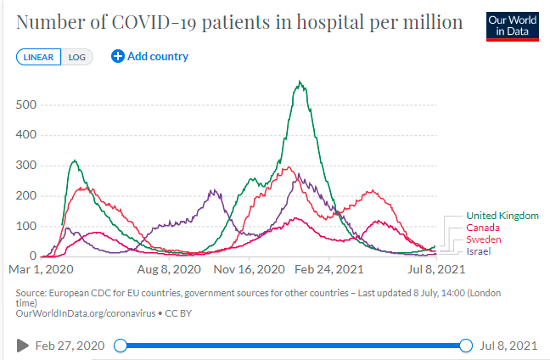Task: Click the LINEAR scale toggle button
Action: [x=38, y=58]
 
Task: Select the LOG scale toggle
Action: [x=77, y=58]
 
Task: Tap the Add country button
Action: [x=150, y=57]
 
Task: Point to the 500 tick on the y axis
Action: [x=26, y=104]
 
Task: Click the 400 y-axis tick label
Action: [x=26, y=135]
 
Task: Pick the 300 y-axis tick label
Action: [x=26, y=166]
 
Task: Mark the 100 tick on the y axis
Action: [x=26, y=226]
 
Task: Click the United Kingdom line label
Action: [x=502, y=216]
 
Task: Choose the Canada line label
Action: [x=482, y=228]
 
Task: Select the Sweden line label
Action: [x=484, y=239]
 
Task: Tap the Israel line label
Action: [x=479, y=251]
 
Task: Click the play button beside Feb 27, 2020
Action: [x=23, y=346]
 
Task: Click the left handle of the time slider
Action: [x=121, y=346]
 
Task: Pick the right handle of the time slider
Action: [x=465, y=346]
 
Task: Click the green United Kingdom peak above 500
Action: [x=300, y=82]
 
